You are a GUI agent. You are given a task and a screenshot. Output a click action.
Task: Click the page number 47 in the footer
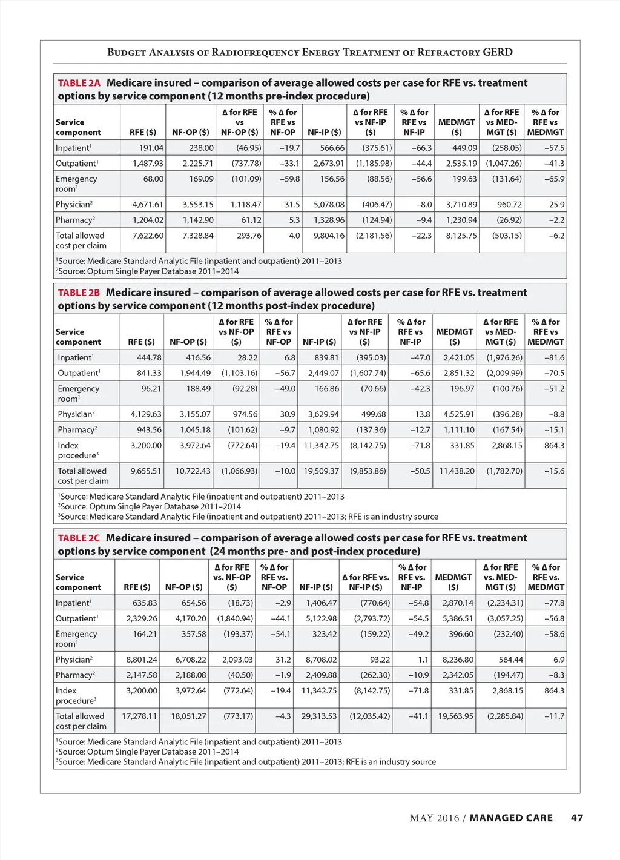[x=577, y=818]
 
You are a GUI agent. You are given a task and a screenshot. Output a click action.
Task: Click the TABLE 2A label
[x=79, y=83]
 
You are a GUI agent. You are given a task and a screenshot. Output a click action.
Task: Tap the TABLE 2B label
[x=79, y=293]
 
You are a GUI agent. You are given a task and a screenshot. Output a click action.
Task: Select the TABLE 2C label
[x=79, y=538]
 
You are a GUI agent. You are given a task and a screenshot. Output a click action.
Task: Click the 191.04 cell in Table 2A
[x=151, y=148]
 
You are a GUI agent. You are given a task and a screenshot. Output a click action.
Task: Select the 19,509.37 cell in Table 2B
[x=321, y=471]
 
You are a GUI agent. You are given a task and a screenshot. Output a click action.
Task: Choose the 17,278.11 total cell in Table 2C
[x=139, y=716]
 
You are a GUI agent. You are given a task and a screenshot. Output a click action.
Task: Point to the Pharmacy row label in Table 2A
[x=74, y=220]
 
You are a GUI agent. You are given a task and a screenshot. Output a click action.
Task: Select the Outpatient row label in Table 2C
[x=76, y=618]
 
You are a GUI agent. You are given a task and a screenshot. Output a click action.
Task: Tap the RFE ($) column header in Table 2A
[x=143, y=132]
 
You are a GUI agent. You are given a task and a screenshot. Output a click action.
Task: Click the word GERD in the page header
[x=498, y=52]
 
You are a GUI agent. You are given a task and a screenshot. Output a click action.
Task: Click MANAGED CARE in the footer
[x=511, y=818]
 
